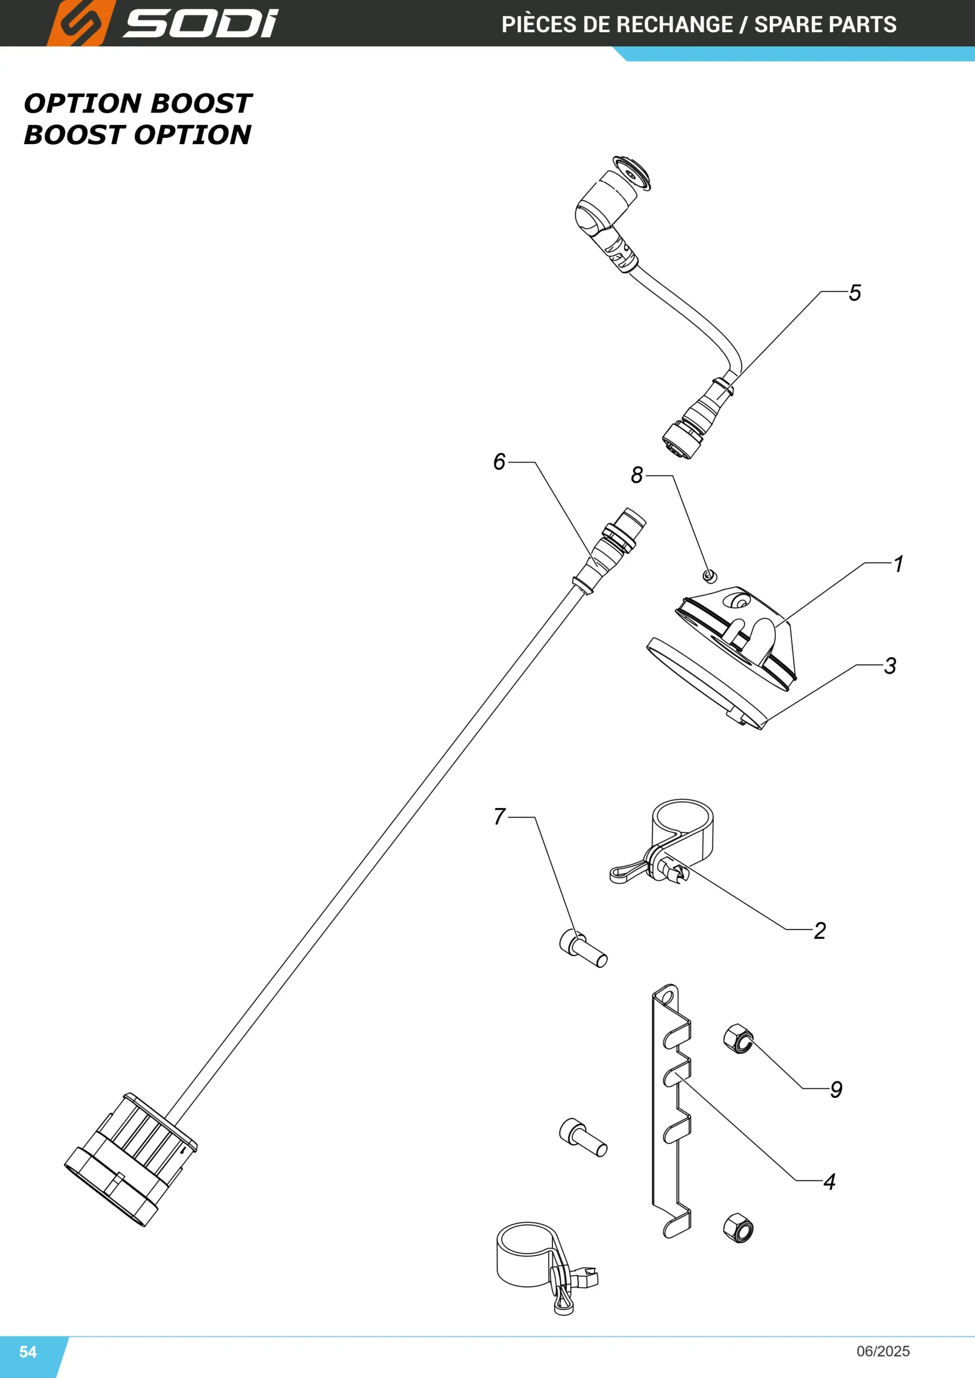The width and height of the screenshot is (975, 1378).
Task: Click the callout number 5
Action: (855, 293)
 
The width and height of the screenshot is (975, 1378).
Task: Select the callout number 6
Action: (500, 461)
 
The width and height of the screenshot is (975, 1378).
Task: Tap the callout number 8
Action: (637, 475)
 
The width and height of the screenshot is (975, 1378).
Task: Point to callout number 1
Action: (898, 564)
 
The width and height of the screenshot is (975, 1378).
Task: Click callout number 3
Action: (890, 666)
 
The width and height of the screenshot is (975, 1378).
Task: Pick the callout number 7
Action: (500, 816)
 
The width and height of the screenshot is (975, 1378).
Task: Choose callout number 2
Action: (820, 931)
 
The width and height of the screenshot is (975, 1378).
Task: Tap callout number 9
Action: (836, 1089)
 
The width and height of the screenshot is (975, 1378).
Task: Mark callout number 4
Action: (830, 1182)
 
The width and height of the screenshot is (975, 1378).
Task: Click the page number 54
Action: (28, 1352)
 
